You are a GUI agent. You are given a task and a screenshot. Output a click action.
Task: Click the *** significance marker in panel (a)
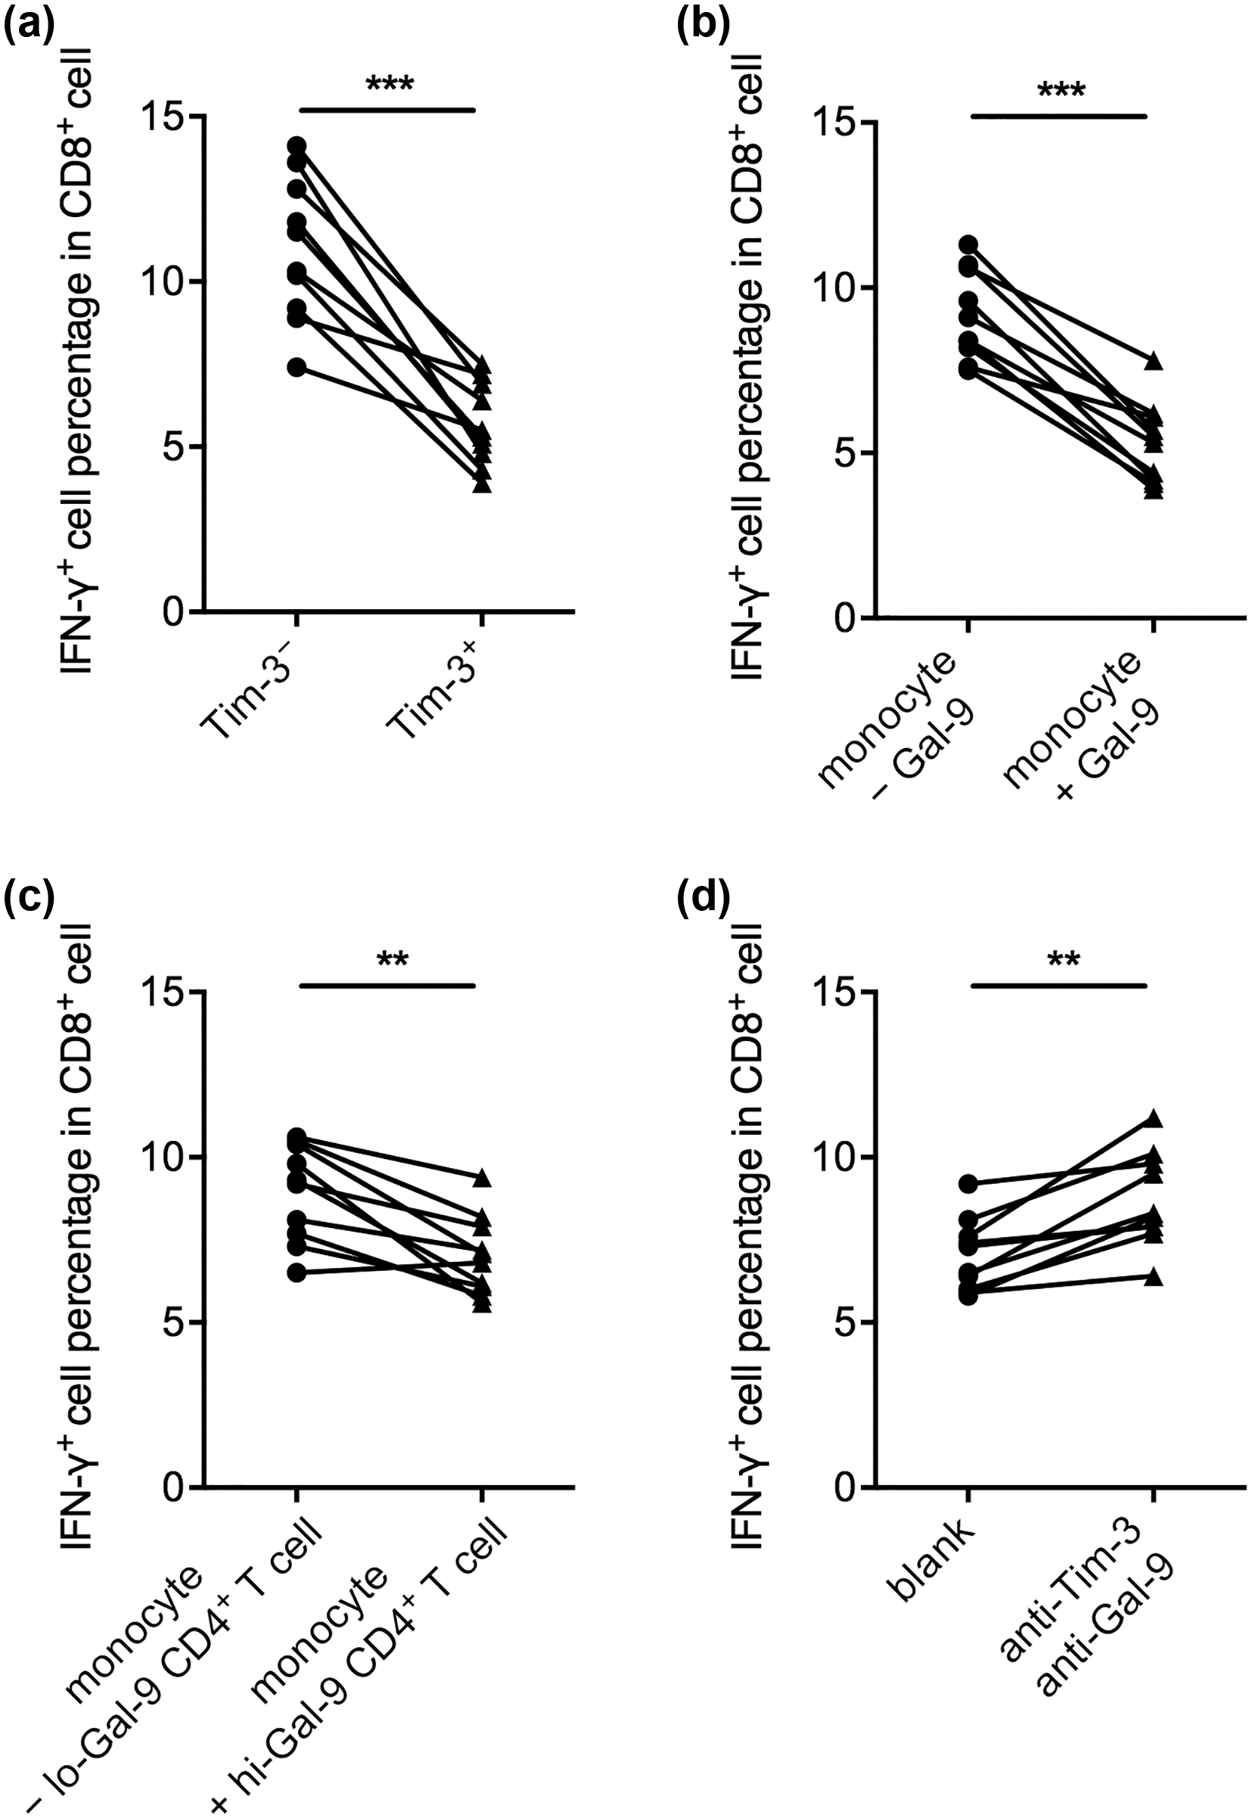point(389,84)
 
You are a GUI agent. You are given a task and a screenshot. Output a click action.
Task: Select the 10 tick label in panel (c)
point(167,1157)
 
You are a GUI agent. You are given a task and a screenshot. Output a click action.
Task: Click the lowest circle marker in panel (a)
point(297,367)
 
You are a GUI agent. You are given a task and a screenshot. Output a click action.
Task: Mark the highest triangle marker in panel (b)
point(1153,361)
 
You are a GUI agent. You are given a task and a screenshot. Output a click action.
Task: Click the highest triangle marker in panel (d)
point(1153,1118)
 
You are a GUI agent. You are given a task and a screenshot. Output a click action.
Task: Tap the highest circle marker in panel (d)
point(969,1183)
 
